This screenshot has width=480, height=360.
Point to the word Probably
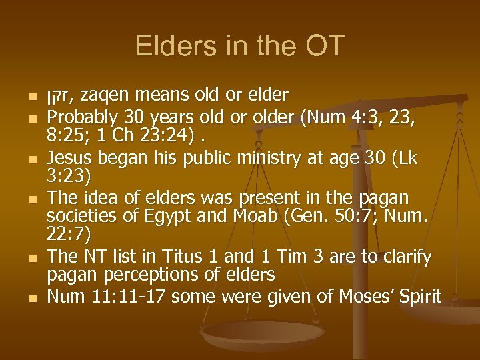(83, 118)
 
